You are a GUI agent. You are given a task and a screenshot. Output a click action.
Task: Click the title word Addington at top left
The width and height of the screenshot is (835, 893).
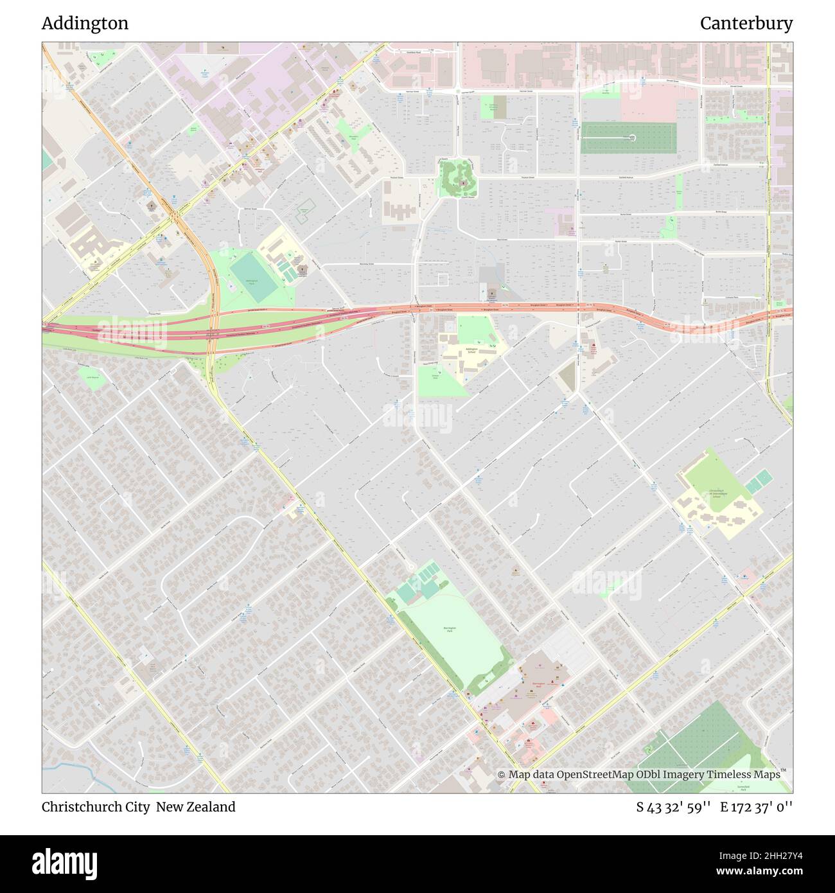pyautogui.click(x=85, y=24)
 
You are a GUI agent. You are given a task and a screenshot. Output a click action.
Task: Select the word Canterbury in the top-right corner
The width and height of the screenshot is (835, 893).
pyautogui.click(x=746, y=24)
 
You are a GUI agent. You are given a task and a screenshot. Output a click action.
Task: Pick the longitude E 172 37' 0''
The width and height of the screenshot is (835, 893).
pyautogui.click(x=757, y=807)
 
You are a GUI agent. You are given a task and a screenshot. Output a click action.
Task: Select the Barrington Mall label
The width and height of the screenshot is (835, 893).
pyautogui.click(x=538, y=684)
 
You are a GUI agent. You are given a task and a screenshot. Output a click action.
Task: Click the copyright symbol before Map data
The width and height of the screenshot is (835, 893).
pyautogui.click(x=502, y=775)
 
